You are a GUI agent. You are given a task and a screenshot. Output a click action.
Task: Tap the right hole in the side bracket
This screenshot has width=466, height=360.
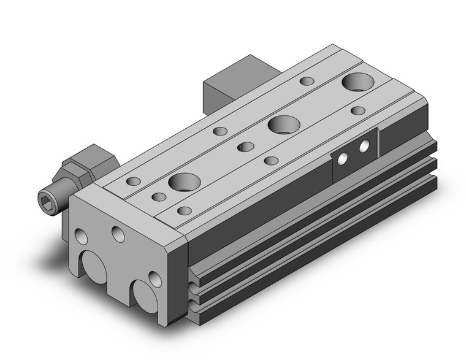coord(365,146)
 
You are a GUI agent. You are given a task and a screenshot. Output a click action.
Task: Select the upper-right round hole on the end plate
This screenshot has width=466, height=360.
coord(116,233)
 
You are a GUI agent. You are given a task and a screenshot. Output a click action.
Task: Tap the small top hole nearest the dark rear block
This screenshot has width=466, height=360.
coord(305,81)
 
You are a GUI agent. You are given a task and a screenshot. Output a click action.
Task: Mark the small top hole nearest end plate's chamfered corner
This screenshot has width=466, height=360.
coord(184,211)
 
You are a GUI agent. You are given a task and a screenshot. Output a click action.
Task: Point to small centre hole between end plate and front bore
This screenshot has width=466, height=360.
coord(159,197)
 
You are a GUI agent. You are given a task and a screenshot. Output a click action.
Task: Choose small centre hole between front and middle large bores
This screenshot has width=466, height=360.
coord(246,146)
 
